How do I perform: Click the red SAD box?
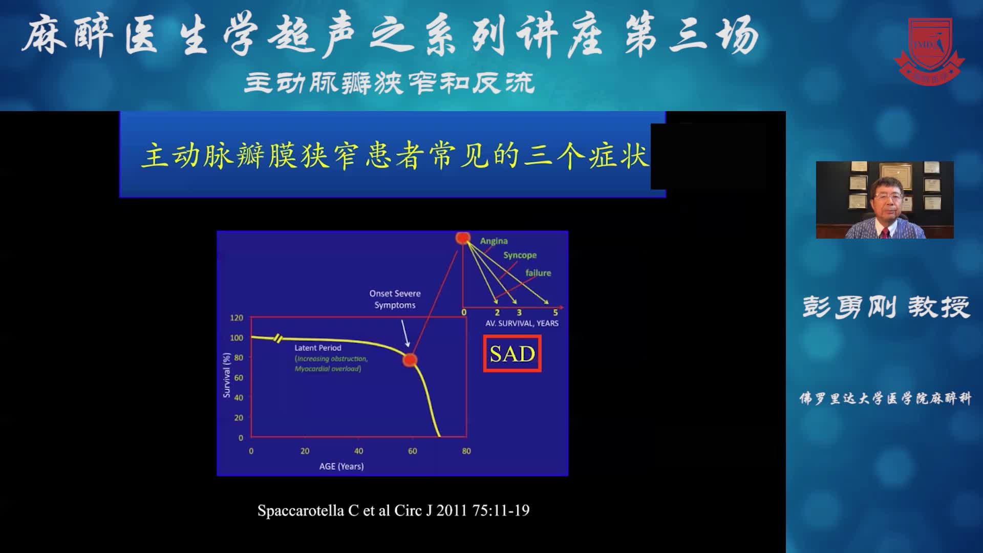click(512, 354)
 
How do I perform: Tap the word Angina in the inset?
click(494, 241)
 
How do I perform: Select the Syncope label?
click(520, 255)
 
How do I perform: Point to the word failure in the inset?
click(538, 273)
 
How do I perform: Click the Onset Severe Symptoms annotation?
click(395, 299)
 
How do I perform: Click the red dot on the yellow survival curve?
click(409, 360)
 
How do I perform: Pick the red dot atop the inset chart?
click(463, 238)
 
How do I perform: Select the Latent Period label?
click(317, 348)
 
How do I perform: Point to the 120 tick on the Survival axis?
click(236, 318)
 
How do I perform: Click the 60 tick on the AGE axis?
click(412, 451)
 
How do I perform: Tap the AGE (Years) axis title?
click(341, 466)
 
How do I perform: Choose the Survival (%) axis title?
click(226, 375)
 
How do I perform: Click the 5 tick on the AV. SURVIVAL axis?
click(555, 312)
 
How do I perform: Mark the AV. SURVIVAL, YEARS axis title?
click(522, 323)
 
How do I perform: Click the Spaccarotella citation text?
click(393, 511)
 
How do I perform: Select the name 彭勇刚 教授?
click(886, 307)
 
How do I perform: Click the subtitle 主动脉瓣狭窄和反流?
click(389, 83)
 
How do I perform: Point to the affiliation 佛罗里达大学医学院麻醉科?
click(885, 398)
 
